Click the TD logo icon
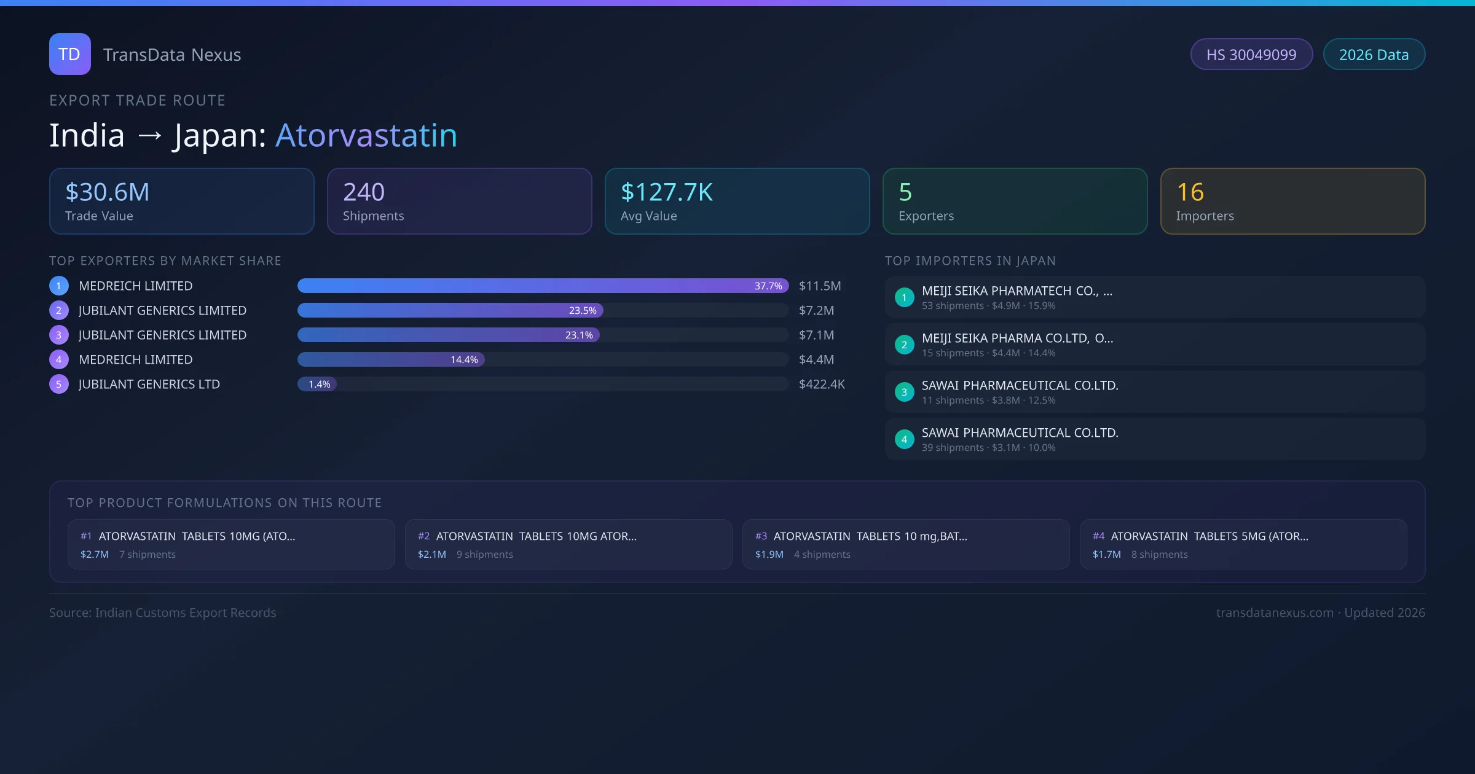(69, 54)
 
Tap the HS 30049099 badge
(1251, 55)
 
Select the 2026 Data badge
(1374, 55)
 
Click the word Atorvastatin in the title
(366, 135)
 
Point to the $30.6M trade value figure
(108, 192)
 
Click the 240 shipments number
(364, 192)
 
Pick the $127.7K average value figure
(667, 192)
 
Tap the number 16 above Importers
(1190, 192)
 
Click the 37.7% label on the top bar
(768, 286)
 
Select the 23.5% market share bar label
(583, 311)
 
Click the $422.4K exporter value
(822, 385)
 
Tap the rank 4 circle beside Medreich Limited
(59, 360)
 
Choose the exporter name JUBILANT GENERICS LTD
(149, 385)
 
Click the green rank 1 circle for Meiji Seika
(904, 297)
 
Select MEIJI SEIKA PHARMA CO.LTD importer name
(1017, 338)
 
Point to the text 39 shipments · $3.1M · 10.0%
(988, 448)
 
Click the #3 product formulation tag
(761, 536)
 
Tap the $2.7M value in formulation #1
(95, 555)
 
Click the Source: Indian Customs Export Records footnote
(163, 613)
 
